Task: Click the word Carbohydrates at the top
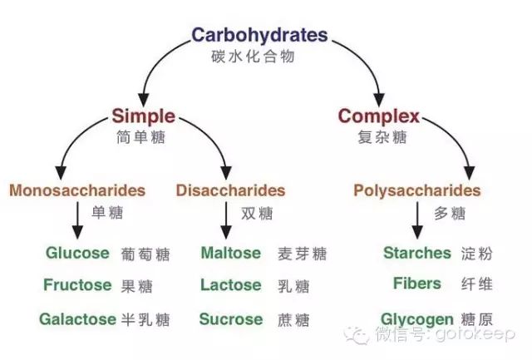259,36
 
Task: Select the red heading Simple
143,116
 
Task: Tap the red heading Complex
379,116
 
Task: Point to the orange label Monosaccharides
77,190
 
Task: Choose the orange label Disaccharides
230,190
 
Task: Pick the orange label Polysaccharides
416,190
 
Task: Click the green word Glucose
77,253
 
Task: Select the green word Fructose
77,285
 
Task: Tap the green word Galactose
76,318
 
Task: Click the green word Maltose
230,253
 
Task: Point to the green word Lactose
230,285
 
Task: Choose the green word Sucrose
230,318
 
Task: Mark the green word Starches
416,253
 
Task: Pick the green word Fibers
416,284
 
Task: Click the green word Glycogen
416,319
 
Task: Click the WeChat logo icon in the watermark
361,335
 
